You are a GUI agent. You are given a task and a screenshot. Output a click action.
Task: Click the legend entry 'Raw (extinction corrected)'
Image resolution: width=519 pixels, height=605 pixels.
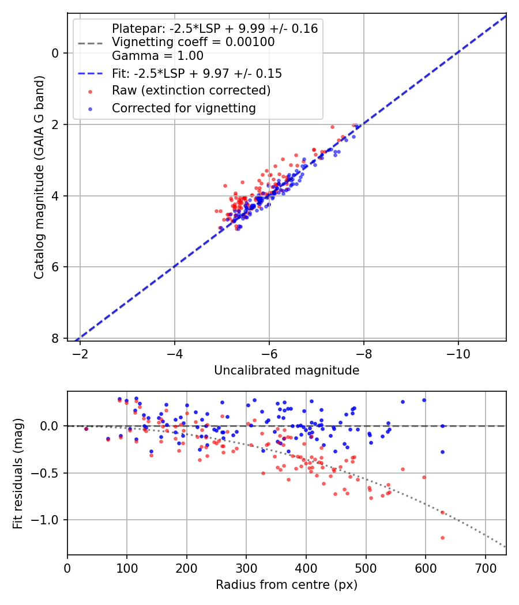pyautogui.click(x=191, y=90)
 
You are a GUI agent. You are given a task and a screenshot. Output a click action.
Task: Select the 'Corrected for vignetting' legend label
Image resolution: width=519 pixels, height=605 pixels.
pyautogui.click(x=184, y=108)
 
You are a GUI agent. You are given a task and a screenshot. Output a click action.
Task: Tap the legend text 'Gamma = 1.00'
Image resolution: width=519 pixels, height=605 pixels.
pyautogui.click(x=157, y=56)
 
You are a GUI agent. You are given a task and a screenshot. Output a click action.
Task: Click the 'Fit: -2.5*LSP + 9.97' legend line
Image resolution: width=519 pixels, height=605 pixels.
pyautogui.click(x=91, y=73)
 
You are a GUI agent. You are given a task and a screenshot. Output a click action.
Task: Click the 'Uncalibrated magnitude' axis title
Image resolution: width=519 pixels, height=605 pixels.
pyautogui.click(x=287, y=370)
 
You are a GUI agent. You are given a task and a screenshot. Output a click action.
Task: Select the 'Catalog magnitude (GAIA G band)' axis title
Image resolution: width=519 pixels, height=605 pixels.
pyautogui.click(x=39, y=177)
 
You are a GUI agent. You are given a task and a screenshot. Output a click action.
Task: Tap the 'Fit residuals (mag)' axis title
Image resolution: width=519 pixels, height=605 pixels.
pyautogui.click(x=18, y=474)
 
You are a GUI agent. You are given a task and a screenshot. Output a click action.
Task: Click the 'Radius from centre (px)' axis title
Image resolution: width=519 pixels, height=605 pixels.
pyautogui.click(x=287, y=585)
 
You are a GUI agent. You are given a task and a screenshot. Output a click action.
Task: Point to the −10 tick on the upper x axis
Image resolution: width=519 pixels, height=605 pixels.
pyautogui.click(x=458, y=354)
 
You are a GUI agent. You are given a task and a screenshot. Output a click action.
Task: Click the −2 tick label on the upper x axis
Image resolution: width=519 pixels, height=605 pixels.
pyautogui.click(x=80, y=354)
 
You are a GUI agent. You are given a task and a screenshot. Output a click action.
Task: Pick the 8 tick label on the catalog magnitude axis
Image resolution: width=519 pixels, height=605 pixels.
pyautogui.click(x=55, y=338)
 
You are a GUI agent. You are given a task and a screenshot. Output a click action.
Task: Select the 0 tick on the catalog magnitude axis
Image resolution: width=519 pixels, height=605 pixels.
pyautogui.click(x=55, y=53)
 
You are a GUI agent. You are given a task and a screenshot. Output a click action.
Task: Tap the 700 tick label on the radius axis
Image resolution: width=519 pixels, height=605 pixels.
pyautogui.click(x=485, y=568)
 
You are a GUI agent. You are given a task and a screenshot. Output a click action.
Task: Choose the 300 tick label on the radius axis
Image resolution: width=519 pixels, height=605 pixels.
pyautogui.click(x=246, y=568)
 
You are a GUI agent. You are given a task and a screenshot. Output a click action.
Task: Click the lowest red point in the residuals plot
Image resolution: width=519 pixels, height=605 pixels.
pyautogui.click(x=442, y=538)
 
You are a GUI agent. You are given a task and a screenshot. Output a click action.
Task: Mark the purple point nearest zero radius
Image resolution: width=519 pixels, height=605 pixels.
pyautogui.click(x=86, y=429)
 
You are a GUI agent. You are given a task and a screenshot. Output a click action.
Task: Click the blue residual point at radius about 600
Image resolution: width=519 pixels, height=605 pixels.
pyautogui.click(x=424, y=400)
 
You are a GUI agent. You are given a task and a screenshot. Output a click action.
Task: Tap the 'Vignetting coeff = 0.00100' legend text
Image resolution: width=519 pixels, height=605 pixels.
pyautogui.click(x=193, y=42)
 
